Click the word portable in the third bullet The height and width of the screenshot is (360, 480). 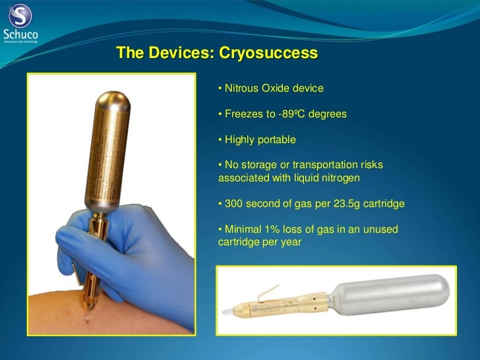[278, 140]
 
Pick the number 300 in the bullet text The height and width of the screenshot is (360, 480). [235, 204]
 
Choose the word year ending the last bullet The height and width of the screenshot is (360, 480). [291, 242]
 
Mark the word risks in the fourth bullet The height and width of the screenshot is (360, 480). [370, 165]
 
